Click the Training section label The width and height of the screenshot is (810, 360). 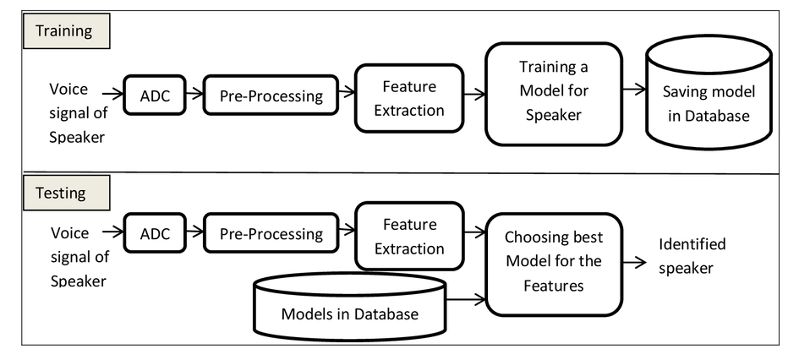(66, 31)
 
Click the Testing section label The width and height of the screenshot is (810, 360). (66, 193)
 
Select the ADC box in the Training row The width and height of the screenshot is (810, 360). (155, 95)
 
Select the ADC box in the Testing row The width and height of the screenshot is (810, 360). (155, 233)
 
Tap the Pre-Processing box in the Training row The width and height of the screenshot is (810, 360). (271, 95)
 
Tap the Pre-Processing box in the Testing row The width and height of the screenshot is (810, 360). (271, 233)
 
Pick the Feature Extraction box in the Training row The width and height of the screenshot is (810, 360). (409, 98)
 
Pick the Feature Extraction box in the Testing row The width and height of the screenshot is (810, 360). (409, 236)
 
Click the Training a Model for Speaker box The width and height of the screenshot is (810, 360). (554, 94)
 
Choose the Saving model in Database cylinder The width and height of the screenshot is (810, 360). (709, 92)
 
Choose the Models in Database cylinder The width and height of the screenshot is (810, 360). (350, 307)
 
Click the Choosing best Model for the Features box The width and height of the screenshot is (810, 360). (554, 265)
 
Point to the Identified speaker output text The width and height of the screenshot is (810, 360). (692, 256)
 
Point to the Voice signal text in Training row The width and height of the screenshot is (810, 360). (79, 113)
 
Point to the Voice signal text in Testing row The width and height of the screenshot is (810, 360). (79, 257)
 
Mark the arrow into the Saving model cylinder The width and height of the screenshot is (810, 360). (634, 90)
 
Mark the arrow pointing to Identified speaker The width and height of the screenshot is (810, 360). (634, 262)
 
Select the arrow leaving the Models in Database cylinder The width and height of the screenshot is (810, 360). (466, 298)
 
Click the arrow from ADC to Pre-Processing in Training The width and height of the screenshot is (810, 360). (194, 94)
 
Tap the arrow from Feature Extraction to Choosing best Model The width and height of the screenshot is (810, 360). (474, 232)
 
